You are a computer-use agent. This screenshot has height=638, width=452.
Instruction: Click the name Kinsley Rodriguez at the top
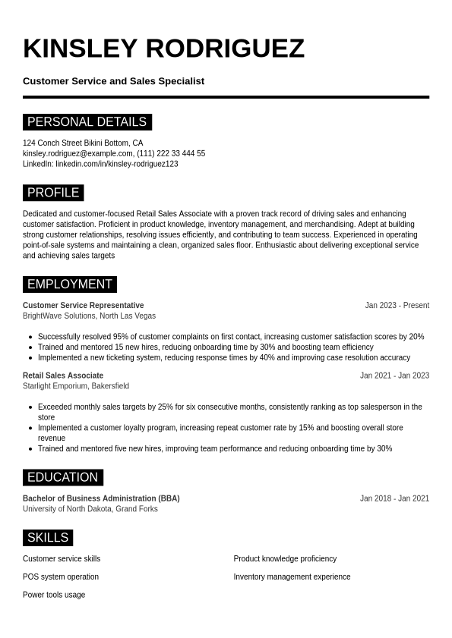coord(163,49)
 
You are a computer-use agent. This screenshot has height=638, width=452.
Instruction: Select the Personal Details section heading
coord(87,122)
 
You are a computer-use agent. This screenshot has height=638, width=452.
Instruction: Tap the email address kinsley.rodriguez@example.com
coord(77,153)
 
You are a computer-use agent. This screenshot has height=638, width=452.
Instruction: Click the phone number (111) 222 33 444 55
coord(171,153)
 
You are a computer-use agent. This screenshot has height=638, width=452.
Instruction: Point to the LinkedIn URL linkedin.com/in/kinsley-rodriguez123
coord(116,164)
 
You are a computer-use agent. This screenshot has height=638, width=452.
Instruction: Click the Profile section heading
coord(53,193)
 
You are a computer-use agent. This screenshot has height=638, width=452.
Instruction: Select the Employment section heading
coord(69,284)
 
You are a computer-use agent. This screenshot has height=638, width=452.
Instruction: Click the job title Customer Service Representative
coord(83,306)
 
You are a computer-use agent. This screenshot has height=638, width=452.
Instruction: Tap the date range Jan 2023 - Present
coord(397,306)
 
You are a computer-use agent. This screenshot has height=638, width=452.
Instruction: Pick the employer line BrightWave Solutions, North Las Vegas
coord(89,316)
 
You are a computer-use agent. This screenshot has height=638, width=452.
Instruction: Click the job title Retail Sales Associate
coord(63,376)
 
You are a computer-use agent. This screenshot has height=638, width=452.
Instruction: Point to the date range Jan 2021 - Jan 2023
coord(394,376)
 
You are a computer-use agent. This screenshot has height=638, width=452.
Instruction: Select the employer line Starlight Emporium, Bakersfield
coord(76,386)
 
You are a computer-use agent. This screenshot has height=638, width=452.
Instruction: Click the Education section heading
coord(62,477)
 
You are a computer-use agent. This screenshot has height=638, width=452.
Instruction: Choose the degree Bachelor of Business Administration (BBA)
coord(101,498)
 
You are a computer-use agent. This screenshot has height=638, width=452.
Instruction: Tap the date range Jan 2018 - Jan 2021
coord(394,498)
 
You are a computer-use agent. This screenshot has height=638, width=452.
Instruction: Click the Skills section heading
coord(48,538)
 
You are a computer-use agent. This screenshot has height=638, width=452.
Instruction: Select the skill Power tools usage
coord(54,595)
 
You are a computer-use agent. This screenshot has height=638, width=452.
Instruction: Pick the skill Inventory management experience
coord(292,577)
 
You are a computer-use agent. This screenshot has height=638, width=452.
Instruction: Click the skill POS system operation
coord(61,577)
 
